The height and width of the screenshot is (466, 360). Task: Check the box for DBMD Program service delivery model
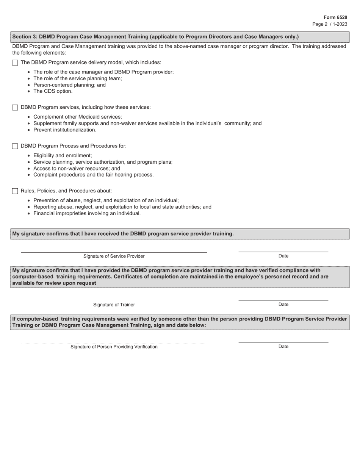(x=15, y=63)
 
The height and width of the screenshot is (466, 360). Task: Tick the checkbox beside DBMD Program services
(x=15, y=108)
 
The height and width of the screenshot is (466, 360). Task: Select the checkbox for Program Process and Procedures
(x=15, y=146)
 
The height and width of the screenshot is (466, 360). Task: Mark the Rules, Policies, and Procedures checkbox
(x=15, y=191)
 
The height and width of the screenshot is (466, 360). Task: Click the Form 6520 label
(x=335, y=17)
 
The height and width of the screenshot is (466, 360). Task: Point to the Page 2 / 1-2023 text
(x=329, y=24)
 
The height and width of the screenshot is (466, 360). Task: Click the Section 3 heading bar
(x=180, y=37)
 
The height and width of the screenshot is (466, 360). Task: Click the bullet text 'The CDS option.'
(x=53, y=91)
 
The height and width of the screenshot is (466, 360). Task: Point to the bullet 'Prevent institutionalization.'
(x=65, y=130)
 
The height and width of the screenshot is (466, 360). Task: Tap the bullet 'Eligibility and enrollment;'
(x=63, y=156)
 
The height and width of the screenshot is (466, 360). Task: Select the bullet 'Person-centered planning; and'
(x=69, y=85)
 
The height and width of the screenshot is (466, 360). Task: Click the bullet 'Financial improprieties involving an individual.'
(x=87, y=213)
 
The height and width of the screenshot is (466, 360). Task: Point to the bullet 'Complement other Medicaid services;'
(x=78, y=117)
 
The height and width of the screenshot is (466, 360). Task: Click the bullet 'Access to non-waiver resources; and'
(x=77, y=169)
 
